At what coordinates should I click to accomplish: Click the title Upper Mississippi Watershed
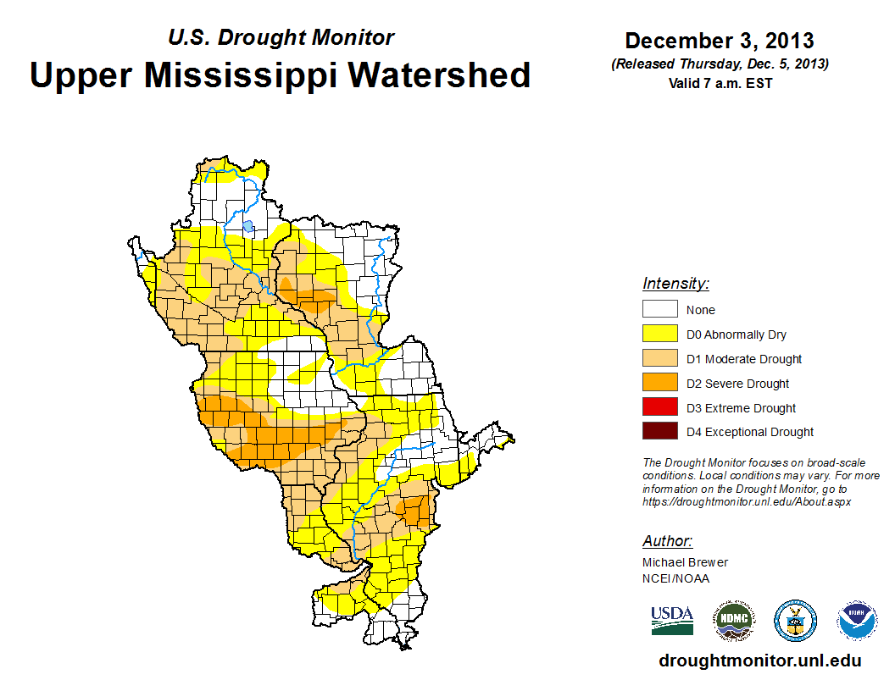tap(280, 75)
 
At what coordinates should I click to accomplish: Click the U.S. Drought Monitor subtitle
tap(281, 37)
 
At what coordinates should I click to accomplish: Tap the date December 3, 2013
tap(720, 41)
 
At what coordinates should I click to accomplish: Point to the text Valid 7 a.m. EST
tap(720, 82)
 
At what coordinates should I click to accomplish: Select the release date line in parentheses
tap(720, 64)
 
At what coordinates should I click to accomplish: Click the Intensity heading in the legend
tap(675, 284)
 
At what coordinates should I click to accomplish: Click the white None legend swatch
tap(659, 310)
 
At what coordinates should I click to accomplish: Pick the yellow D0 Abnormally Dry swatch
tap(659, 334)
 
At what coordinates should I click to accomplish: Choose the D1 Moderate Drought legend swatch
tap(659, 359)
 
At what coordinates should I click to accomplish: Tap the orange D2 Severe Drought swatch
tap(659, 384)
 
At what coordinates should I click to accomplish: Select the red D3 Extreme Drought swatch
tap(659, 408)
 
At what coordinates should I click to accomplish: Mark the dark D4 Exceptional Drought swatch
tap(659, 432)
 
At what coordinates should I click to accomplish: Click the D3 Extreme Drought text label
tap(741, 408)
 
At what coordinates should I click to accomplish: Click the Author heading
tap(667, 541)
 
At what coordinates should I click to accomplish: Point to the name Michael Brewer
tap(685, 562)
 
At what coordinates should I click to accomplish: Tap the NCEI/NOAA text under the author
tap(675, 578)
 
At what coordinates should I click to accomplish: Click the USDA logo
tap(672, 620)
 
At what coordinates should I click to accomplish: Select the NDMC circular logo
tap(733, 621)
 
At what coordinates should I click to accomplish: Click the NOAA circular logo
tap(857, 621)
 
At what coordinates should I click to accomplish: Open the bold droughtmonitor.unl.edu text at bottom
tap(759, 661)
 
